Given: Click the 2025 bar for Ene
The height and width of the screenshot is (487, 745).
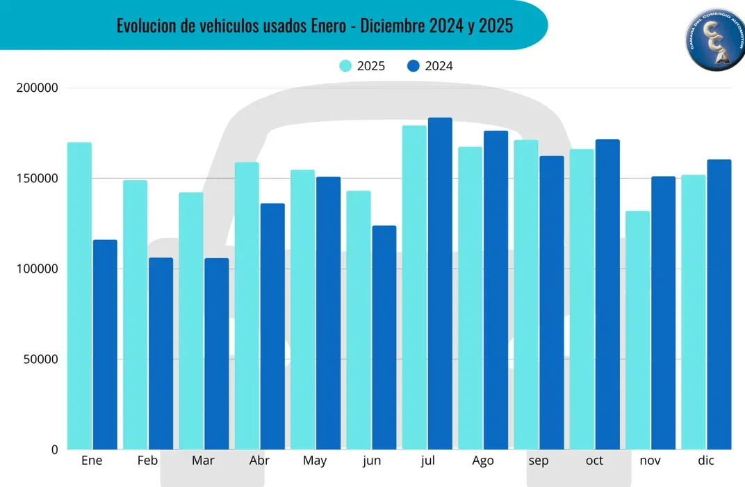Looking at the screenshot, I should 79,296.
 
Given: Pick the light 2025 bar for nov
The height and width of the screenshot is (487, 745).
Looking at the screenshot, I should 637,330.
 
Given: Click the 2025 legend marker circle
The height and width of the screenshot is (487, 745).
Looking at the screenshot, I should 345,66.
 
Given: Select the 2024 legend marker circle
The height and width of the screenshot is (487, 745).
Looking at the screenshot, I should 414,66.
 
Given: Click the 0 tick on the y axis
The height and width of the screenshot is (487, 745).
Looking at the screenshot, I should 54,450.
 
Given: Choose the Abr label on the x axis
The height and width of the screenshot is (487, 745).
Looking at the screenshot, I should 259,461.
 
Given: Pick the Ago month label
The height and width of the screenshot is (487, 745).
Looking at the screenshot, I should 482,461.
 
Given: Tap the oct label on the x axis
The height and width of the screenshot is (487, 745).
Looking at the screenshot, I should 594,461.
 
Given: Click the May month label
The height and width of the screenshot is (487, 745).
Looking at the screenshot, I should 315,461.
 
